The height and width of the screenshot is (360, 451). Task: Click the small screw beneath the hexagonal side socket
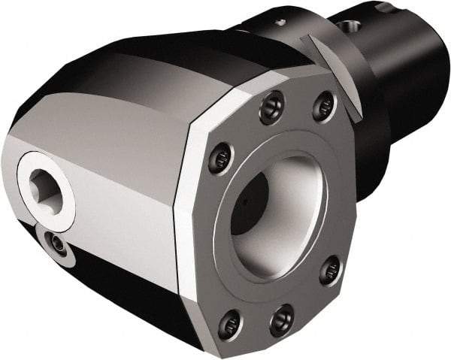point(56,242)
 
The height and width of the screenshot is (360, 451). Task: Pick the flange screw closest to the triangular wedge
point(324,106)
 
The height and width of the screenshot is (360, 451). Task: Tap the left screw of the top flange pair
point(272,107)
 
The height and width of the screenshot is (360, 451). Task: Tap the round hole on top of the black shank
point(351,26)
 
